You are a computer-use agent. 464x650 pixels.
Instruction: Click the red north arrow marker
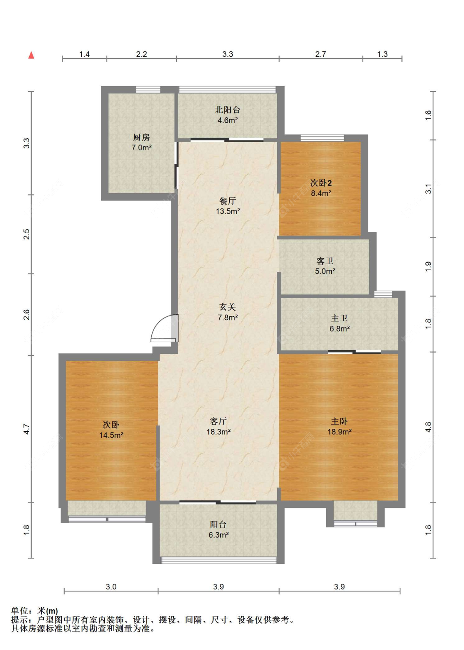click(31, 55)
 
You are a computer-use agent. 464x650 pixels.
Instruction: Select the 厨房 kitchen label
click(141, 137)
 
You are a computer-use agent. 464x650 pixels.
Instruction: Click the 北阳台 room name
click(228, 110)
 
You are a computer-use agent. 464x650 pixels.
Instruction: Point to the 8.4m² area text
click(321, 193)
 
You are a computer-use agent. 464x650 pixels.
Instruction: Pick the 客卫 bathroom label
click(325, 261)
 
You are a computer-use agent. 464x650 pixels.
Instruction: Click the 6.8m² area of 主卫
click(339, 328)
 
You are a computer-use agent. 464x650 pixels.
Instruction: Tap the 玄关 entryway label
click(228, 307)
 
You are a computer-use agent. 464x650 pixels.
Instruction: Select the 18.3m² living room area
click(219, 432)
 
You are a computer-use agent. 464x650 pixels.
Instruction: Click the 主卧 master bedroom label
click(339, 421)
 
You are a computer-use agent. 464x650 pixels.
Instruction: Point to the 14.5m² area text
click(111, 435)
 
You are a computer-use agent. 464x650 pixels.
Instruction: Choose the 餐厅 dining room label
click(228, 201)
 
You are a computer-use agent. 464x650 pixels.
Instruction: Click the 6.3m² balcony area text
click(219, 535)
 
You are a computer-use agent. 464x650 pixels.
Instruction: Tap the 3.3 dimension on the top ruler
click(228, 54)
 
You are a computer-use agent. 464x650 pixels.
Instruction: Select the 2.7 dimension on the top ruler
click(320, 54)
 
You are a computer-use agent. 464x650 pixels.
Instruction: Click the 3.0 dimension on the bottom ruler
click(111, 587)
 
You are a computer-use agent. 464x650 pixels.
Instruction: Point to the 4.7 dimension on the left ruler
click(26, 429)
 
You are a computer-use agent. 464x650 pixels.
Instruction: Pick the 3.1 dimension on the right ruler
click(428, 189)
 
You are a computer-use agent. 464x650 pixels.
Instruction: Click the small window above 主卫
click(383, 294)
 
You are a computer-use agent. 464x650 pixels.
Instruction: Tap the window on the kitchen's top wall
click(148, 89)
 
